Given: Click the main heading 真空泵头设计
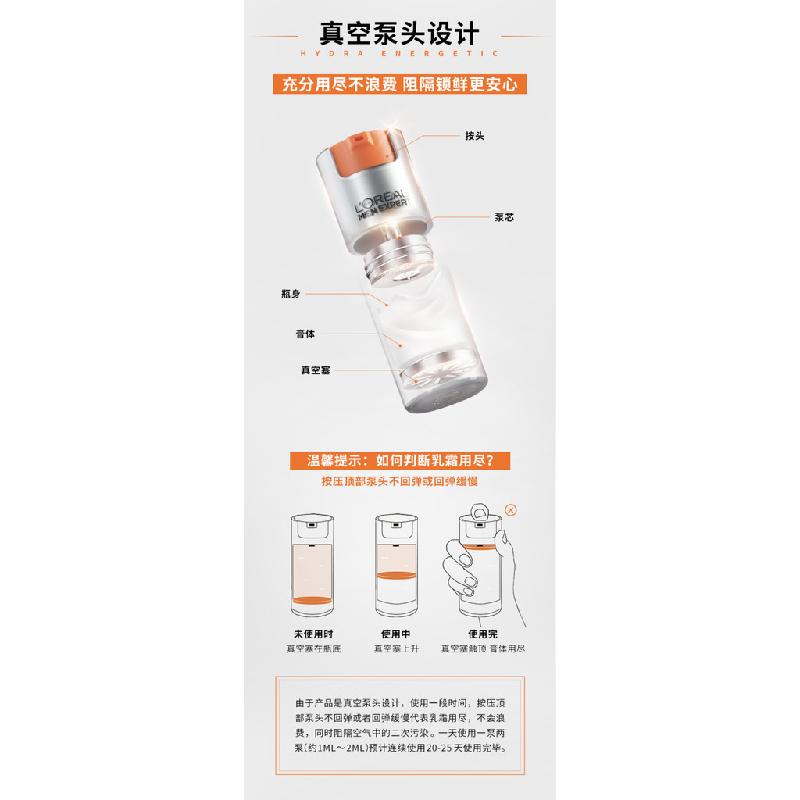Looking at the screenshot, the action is pyautogui.click(x=399, y=34).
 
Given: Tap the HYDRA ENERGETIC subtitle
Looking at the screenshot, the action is pyautogui.click(x=399, y=54).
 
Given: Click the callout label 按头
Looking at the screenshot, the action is pyautogui.click(x=474, y=136).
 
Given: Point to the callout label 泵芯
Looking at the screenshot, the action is pyautogui.click(x=504, y=217).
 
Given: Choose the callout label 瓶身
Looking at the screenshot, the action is pyautogui.click(x=291, y=294).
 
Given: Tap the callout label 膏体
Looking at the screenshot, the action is pyautogui.click(x=305, y=334).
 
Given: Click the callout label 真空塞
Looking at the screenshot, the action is pyautogui.click(x=316, y=370).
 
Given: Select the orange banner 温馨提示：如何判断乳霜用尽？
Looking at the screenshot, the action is pyautogui.click(x=400, y=461).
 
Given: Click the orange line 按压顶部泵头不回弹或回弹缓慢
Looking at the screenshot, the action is pyautogui.click(x=399, y=481).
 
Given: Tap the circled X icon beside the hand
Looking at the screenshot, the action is pyautogui.click(x=511, y=510).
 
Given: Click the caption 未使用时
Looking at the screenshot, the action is pyautogui.click(x=313, y=634).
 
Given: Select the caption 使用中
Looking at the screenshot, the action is pyautogui.click(x=396, y=634).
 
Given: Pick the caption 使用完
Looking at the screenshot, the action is pyautogui.click(x=483, y=634).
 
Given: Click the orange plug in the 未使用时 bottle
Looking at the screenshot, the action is pyautogui.click(x=312, y=600).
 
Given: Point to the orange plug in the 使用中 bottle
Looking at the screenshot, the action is pyautogui.click(x=396, y=576).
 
